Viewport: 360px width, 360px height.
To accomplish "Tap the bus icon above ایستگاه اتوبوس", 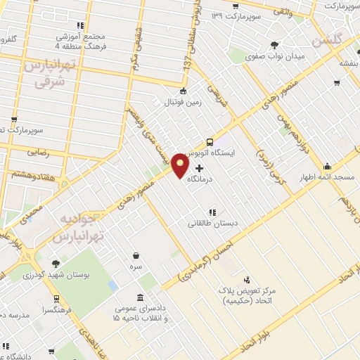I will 210,141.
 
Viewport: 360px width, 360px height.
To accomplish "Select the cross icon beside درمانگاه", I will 199,168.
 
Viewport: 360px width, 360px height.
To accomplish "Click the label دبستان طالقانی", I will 212,224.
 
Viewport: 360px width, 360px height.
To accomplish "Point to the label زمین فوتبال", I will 183,102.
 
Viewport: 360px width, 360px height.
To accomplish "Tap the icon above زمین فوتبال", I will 184,90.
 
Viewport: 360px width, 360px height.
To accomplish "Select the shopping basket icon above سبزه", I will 135,256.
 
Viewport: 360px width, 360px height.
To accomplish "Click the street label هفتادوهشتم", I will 33,174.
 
